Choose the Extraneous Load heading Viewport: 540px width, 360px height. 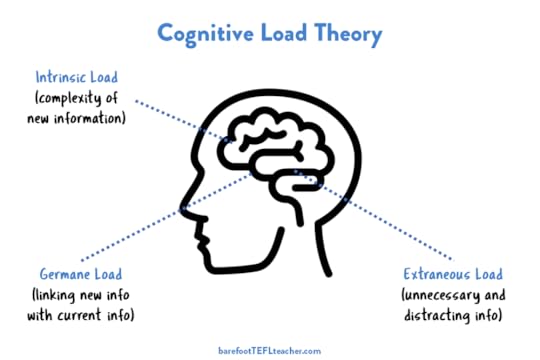454,274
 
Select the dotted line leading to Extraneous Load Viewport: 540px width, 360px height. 370,222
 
